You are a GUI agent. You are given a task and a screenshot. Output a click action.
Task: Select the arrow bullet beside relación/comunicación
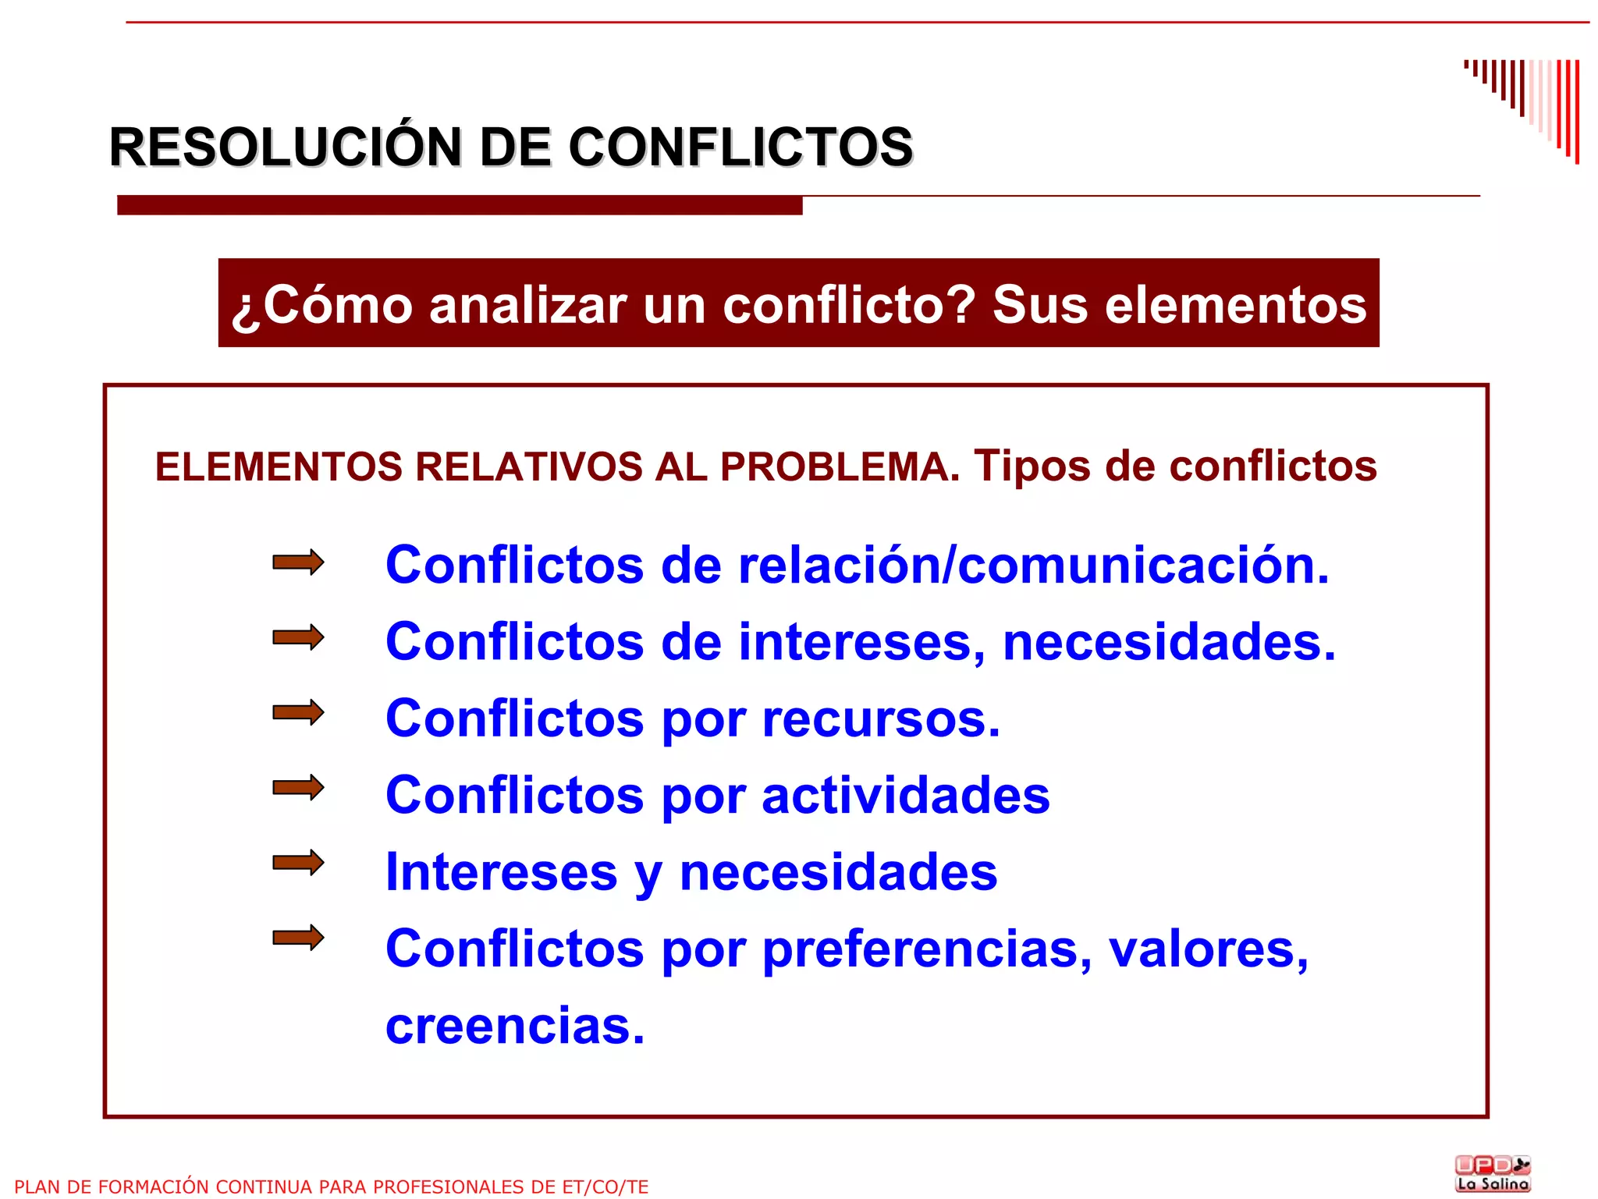[x=298, y=562]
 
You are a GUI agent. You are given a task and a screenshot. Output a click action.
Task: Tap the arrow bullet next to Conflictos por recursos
[x=298, y=712]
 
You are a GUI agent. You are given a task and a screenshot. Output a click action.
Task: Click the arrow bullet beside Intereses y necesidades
[x=298, y=862]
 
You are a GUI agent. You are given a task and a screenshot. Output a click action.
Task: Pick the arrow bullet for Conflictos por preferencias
[x=298, y=937]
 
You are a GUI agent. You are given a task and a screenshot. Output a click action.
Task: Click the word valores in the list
[x=1208, y=949]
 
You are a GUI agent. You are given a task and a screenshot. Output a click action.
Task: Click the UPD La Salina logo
[x=1493, y=1173]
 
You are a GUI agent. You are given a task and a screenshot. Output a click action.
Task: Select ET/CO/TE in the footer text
[x=605, y=1187]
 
